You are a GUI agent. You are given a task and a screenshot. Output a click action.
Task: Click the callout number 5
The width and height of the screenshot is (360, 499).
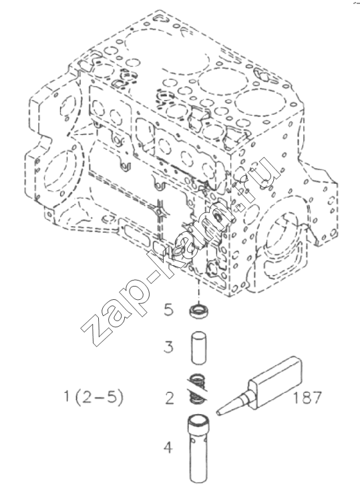coord(169,310)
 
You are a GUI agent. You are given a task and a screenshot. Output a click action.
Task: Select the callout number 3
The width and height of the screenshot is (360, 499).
coord(169,347)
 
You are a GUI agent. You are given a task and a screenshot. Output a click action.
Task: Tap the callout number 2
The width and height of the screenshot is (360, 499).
coord(170,398)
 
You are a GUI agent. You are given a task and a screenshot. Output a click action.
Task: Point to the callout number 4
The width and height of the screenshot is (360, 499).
coord(168,448)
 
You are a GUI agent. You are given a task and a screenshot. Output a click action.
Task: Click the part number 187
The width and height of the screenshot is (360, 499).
coord(307,397)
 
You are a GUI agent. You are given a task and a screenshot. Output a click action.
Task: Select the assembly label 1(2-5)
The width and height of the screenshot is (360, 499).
coord(94,397)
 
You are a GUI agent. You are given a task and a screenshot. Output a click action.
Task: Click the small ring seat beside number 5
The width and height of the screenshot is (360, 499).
coord(198,311)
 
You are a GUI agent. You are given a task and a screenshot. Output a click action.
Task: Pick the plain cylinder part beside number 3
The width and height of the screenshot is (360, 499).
coord(199,348)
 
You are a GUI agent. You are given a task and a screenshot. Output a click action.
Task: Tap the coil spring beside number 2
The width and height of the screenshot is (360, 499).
coord(197,389)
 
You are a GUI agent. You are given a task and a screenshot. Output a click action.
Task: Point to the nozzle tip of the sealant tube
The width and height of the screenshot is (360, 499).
coord(218,413)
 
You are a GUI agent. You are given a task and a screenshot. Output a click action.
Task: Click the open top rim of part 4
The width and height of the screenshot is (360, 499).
coord(199,420)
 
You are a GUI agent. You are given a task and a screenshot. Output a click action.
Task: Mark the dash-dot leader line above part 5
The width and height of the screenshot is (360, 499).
coord(198,292)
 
